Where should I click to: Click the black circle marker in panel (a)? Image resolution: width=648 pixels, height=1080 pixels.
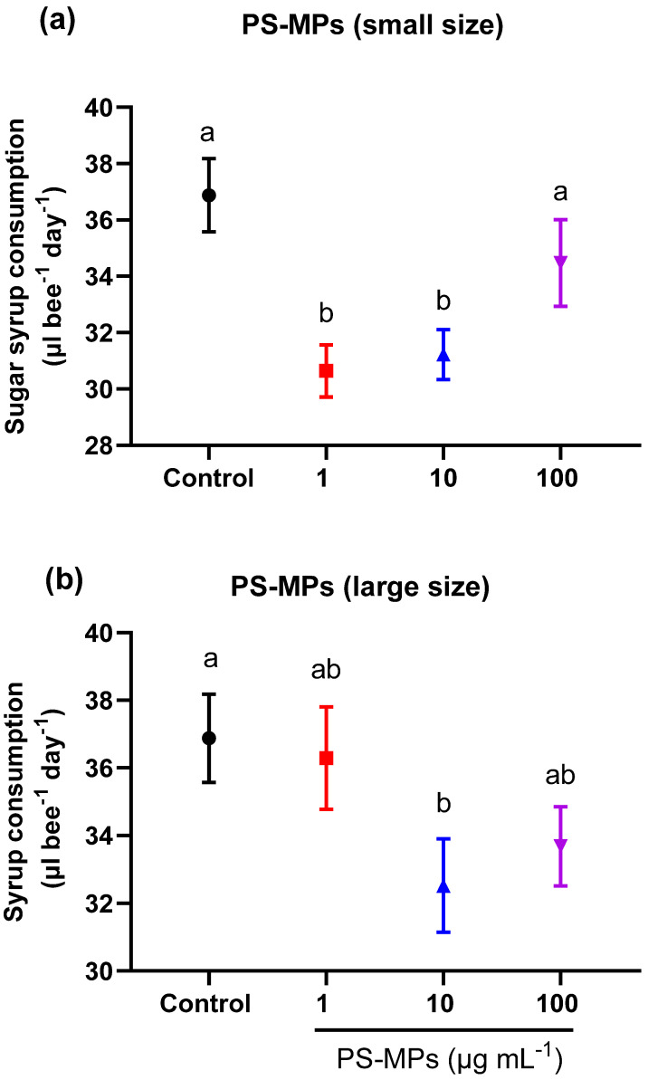209,196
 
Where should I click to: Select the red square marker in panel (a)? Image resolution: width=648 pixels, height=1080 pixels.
326,370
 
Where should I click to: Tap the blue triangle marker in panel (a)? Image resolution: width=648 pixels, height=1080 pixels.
443,356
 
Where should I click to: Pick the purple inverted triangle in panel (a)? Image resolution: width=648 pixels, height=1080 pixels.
561,261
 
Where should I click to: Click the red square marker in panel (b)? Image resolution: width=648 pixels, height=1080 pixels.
326,758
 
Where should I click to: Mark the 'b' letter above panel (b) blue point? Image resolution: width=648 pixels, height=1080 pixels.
443,803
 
